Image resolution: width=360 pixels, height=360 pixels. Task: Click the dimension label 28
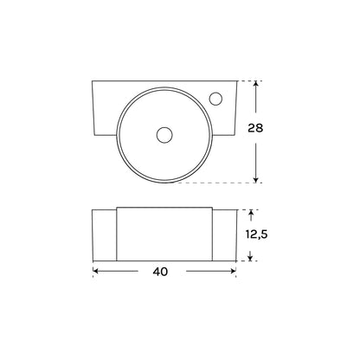pyautogui.click(x=255, y=128)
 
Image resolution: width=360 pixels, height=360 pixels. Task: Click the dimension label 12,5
pyautogui.click(x=256, y=235)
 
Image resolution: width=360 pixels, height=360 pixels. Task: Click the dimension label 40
pyautogui.click(x=160, y=272)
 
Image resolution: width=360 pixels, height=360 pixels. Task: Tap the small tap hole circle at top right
pyautogui.click(x=215, y=99)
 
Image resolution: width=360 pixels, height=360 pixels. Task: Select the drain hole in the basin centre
pyautogui.click(x=164, y=135)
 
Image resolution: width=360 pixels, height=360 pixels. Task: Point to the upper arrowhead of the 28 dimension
pyautogui.click(x=255, y=84)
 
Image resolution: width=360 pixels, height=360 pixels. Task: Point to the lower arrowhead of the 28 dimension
pyautogui.click(x=255, y=180)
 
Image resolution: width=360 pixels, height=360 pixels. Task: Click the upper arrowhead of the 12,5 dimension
pyautogui.click(x=251, y=213)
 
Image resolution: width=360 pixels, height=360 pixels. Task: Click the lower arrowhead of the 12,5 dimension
pyautogui.click(x=250, y=258)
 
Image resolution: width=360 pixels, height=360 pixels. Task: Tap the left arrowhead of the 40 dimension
pyautogui.click(x=96, y=271)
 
